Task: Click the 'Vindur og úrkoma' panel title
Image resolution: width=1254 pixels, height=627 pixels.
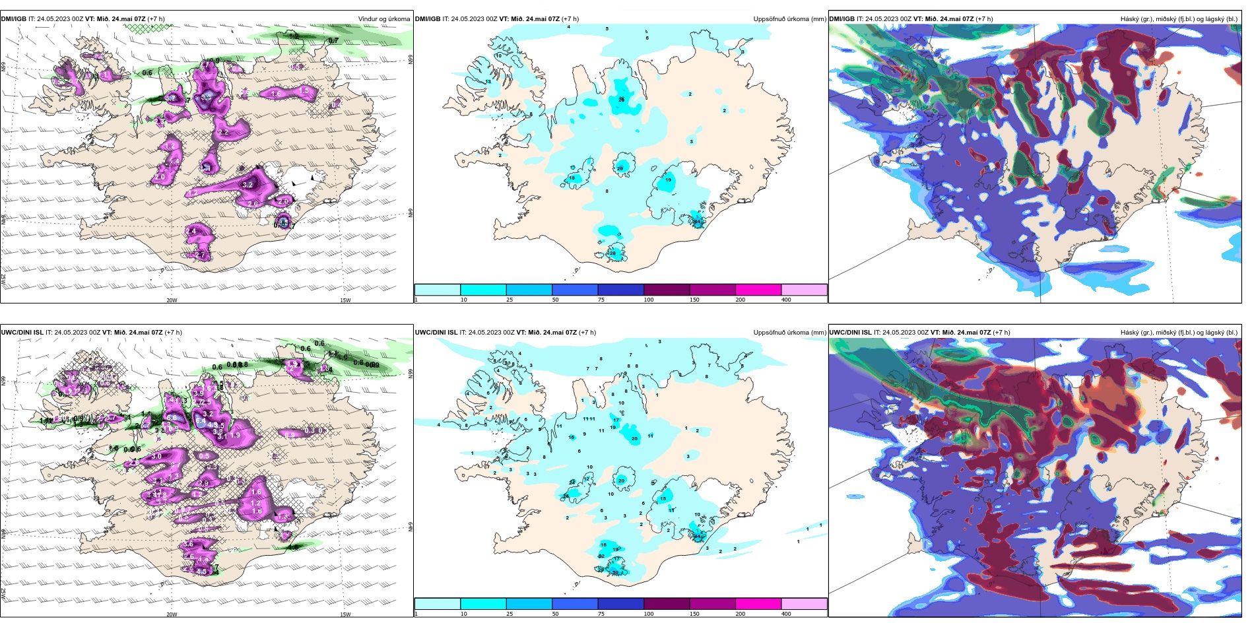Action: (383, 19)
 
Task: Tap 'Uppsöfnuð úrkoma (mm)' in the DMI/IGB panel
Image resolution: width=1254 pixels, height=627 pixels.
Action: (789, 19)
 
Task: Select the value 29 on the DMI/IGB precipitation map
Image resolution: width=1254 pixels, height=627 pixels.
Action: (620, 169)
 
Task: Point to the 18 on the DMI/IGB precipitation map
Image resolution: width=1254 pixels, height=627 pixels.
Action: (572, 178)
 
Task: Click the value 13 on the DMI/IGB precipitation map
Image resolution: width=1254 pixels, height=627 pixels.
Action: (488, 82)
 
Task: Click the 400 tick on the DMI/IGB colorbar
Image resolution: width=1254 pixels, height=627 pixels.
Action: (786, 300)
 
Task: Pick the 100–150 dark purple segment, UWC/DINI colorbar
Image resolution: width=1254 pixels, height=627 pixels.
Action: (666, 604)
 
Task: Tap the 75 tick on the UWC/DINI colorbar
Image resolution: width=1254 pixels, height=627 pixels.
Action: (601, 614)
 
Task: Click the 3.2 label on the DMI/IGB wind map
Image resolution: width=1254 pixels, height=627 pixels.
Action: (247, 185)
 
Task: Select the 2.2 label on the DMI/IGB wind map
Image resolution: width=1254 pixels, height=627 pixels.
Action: (223, 132)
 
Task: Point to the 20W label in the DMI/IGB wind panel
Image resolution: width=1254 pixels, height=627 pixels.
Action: (172, 300)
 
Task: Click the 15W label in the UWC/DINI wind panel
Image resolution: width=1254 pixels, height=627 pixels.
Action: (345, 614)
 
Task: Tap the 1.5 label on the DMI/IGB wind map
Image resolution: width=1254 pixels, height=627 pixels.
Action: (304, 91)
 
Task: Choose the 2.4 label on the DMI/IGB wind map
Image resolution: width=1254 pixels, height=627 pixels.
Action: (191, 231)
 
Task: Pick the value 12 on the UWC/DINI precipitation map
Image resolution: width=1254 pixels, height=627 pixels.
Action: (587, 479)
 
